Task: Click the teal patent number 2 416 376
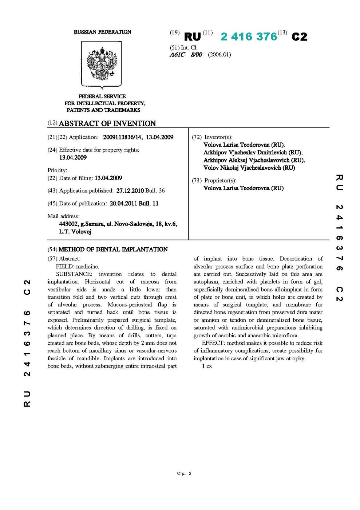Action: tap(249, 37)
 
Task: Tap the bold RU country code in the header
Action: tap(193, 37)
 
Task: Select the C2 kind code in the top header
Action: tap(299, 37)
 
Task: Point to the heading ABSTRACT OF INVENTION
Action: tap(107, 123)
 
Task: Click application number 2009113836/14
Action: tap(123, 137)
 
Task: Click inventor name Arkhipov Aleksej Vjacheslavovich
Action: tap(254, 160)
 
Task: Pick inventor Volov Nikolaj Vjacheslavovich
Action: tap(249, 168)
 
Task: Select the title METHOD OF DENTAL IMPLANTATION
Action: tap(113, 250)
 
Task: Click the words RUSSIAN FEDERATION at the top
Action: tap(102, 32)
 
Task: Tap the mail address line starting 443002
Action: tap(118, 224)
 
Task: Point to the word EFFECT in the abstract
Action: tap(213, 343)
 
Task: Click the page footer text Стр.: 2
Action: tap(184, 474)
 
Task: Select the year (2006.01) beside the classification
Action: tap(219, 55)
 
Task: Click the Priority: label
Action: tap(57, 170)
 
